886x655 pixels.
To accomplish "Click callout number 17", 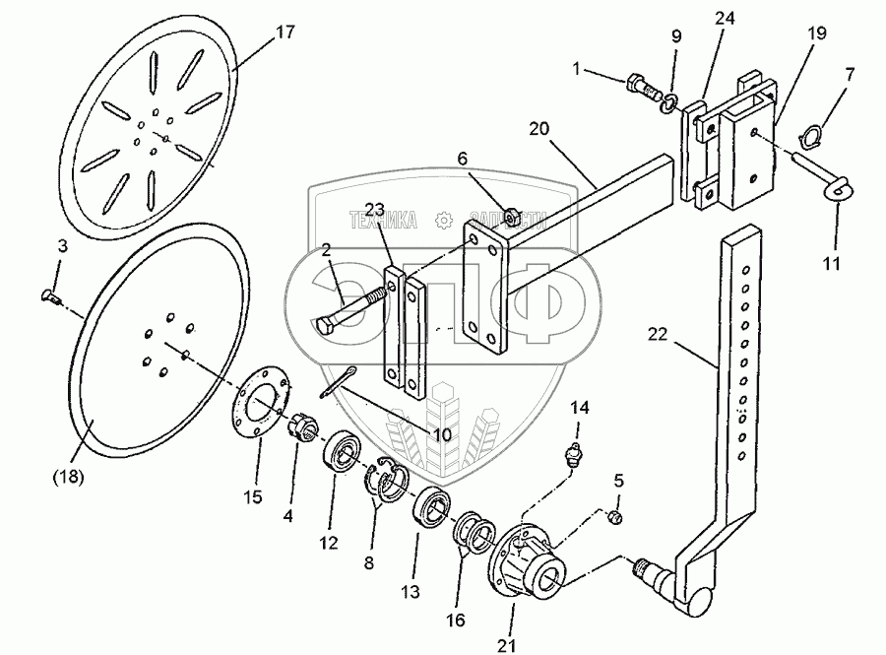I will point(285,32).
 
